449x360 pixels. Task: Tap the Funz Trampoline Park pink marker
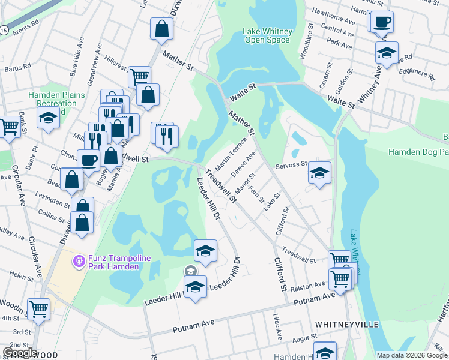(x=78, y=262)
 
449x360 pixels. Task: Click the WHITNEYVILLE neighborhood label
(x=347, y=324)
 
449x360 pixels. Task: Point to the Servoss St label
(x=291, y=164)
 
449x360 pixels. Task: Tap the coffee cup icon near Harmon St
(x=382, y=23)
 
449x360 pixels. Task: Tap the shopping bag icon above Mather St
(x=161, y=28)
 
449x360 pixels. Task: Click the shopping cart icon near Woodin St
(x=39, y=310)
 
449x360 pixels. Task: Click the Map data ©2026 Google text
(x=412, y=355)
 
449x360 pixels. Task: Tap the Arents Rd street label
(x=26, y=25)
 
